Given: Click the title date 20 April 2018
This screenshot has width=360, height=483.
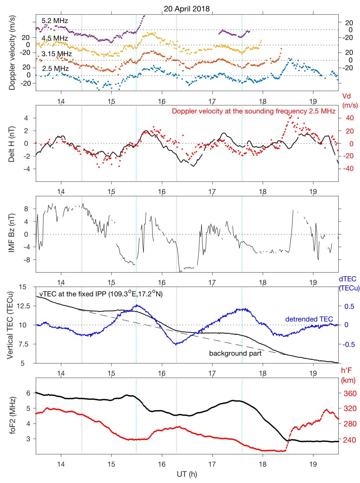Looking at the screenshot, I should (186, 9).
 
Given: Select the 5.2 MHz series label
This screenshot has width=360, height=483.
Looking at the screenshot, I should (55, 21).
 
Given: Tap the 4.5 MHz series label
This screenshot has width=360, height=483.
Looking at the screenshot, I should (55, 38).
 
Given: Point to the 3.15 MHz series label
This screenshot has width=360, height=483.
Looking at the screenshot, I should (57, 54).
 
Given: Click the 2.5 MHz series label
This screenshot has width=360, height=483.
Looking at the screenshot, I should (55, 68).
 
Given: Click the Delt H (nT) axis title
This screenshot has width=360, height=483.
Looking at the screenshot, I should (12, 144).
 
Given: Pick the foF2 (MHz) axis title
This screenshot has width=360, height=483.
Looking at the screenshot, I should (12, 415).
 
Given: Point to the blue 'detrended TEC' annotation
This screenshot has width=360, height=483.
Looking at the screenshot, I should (309, 319).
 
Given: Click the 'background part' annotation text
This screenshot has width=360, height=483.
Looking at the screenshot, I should (235, 353).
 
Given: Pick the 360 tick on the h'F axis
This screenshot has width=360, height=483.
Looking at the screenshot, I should (350, 393).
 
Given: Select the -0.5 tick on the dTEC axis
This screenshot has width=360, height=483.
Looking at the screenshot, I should (347, 344).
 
